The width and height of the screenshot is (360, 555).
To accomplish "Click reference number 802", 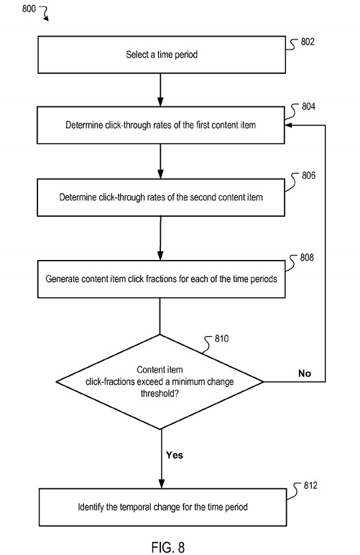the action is pos(308,42).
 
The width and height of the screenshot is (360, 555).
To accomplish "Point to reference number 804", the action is pos(308,106).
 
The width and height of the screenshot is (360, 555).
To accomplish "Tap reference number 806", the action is pos(308,175).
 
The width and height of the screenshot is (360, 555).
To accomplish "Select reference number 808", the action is pos(307,257).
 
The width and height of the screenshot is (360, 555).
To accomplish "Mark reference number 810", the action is pos(221,339).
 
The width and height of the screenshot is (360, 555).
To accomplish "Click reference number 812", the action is pos(310,485).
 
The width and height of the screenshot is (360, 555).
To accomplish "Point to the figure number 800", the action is pos(29,8).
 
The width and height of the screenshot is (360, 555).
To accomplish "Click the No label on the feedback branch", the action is pos(305,373).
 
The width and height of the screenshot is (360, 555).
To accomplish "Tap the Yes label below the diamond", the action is pos(175,454).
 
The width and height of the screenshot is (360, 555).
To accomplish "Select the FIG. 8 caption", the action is pos(168,547).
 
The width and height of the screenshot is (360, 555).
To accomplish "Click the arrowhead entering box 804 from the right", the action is pos(288,125).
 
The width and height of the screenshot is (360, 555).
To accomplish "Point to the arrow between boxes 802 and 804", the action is pos(160,90).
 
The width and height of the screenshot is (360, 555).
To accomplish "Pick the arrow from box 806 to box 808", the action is pos(160,238).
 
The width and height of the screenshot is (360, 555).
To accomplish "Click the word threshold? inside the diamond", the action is pos(160,393).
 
